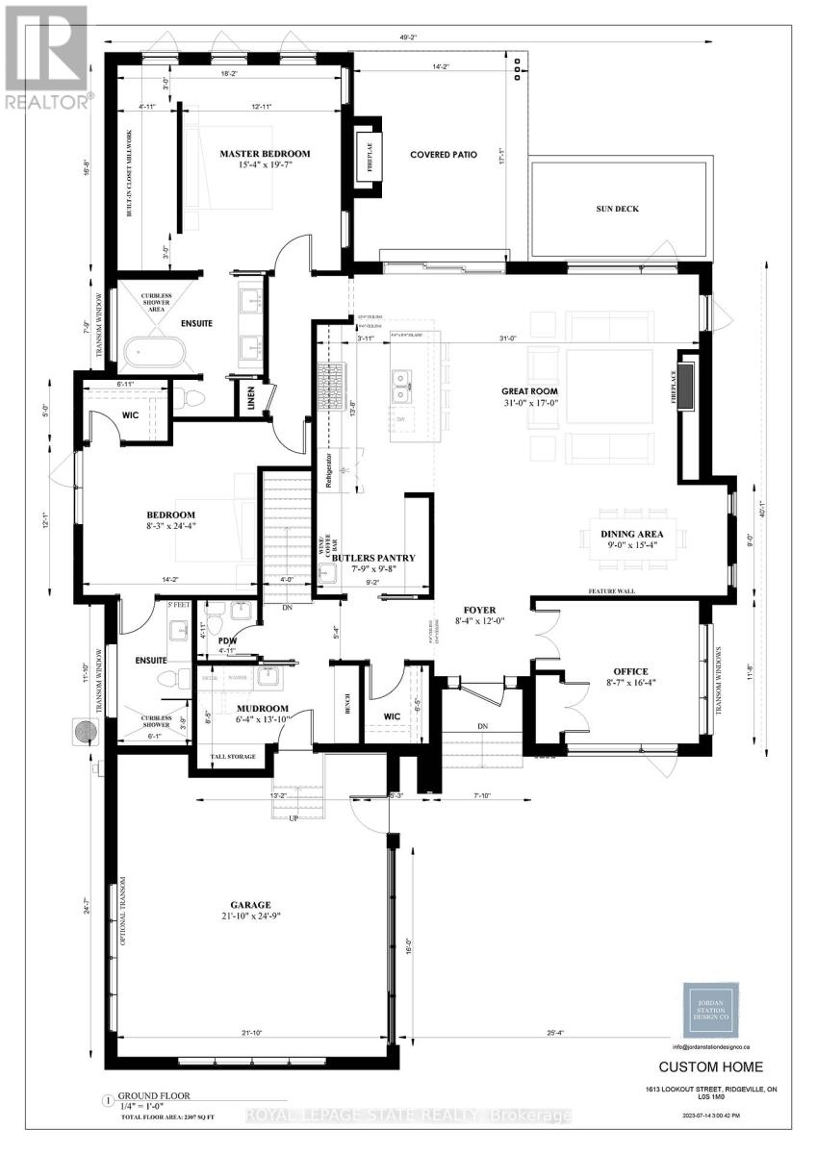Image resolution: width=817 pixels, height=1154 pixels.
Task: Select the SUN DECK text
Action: point(616,209)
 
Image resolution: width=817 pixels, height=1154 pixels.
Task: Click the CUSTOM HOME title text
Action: point(710,1066)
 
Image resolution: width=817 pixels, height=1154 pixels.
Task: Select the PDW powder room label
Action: point(227,640)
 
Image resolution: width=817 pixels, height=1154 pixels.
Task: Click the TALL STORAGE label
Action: point(231,757)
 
